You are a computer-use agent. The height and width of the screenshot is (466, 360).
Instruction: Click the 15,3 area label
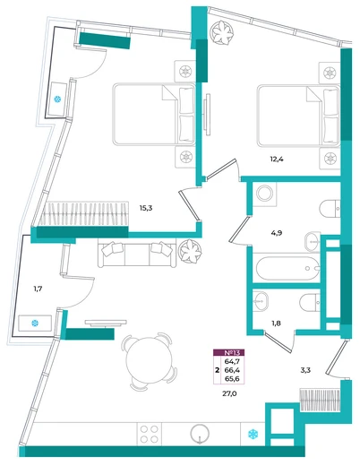[x=146, y=208]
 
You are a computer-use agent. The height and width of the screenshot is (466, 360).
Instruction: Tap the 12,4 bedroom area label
[x=277, y=160]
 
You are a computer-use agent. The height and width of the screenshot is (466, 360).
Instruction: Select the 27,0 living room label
[x=229, y=393]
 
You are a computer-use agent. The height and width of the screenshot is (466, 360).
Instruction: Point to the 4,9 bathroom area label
[x=277, y=233]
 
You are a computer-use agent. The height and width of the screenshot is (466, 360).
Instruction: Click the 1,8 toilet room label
[x=277, y=324]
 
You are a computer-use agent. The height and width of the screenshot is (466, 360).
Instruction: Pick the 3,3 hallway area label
[x=305, y=370]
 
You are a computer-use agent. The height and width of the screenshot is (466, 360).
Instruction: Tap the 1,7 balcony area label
[x=38, y=289]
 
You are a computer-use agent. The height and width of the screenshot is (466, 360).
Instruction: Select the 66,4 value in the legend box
[x=234, y=370]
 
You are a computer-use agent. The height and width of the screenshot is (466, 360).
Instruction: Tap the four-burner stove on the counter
[x=150, y=434]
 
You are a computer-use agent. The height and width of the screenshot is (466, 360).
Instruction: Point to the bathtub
[x=287, y=268]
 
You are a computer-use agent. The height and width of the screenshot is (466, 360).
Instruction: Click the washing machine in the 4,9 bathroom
[x=265, y=194]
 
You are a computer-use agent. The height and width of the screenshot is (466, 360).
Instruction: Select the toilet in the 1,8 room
[x=310, y=303]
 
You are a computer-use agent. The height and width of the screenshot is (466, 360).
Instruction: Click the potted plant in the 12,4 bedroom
[x=221, y=32]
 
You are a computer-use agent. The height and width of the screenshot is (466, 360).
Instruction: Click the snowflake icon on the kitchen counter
[x=253, y=434]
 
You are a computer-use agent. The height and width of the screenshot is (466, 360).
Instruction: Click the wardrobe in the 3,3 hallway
[x=321, y=401]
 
